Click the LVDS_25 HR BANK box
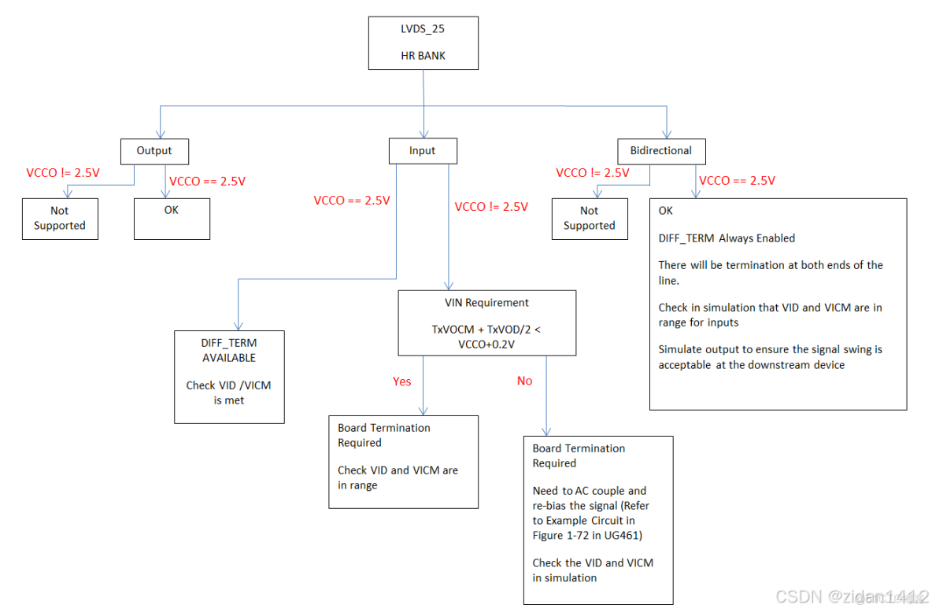[x=422, y=42]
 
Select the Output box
[x=154, y=150]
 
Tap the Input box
[x=422, y=150]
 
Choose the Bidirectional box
[x=661, y=150]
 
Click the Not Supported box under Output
[x=60, y=218]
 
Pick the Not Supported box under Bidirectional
[x=590, y=218]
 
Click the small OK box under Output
[x=172, y=218]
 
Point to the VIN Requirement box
[x=486, y=323]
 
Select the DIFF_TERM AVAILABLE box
[x=229, y=377]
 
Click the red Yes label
[x=402, y=382]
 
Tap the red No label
[x=524, y=381]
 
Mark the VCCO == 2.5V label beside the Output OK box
[x=208, y=181]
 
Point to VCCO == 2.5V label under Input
[x=352, y=200]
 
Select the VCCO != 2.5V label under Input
[x=491, y=206]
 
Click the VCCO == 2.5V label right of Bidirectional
[x=737, y=180]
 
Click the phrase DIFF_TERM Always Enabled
[x=727, y=238]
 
